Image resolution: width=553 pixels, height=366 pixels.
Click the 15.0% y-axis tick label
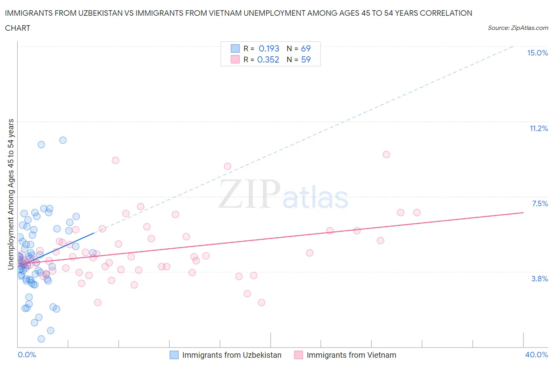point(537,53)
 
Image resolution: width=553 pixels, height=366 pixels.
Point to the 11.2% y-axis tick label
point(538,128)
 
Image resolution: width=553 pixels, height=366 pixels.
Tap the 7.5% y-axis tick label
point(540,203)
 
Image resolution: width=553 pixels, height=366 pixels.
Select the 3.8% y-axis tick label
point(540,279)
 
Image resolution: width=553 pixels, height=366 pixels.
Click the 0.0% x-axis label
point(27,355)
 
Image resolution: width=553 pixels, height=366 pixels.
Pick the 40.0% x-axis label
point(536,355)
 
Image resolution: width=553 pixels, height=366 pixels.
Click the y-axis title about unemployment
point(11,194)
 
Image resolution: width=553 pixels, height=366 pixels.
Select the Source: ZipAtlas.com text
point(518,28)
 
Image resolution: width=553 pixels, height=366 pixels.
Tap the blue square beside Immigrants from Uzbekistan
point(174,355)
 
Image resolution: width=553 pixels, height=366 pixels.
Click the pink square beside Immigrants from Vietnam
point(299,355)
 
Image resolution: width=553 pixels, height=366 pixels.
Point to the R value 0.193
point(269,48)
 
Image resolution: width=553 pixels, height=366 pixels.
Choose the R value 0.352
point(268,59)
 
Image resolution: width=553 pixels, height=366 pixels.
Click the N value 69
point(306,48)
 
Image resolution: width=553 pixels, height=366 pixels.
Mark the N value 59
point(306,59)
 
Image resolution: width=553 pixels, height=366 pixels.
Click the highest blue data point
point(63,140)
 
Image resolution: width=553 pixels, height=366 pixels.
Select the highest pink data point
point(386,154)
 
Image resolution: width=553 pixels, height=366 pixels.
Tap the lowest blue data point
point(41,339)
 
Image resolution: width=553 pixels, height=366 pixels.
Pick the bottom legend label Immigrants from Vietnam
point(351,355)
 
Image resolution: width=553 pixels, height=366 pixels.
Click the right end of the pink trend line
point(523,213)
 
